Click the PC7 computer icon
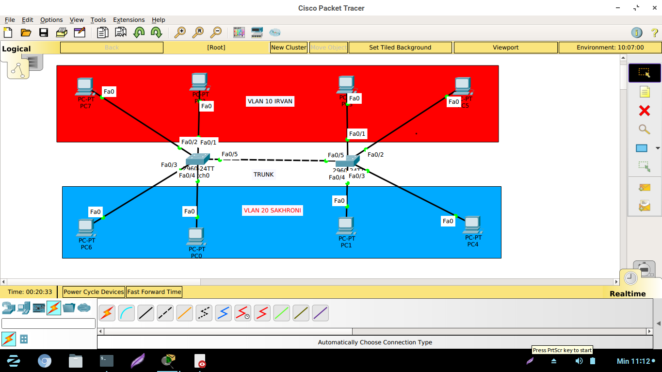tap(85, 87)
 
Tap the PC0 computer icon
tap(196, 236)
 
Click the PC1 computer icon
tap(346, 226)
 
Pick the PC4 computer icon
tap(472, 225)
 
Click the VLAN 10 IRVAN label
tap(270, 101)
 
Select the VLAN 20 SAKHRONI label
tap(273, 210)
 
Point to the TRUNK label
tap(263, 175)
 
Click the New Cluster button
tap(289, 48)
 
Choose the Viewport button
tap(505, 48)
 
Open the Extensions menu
tap(129, 20)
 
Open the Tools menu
tap(98, 20)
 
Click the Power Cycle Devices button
tap(94, 292)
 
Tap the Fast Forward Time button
tap(154, 292)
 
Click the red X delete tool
tap(644, 111)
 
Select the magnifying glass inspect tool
tap(644, 129)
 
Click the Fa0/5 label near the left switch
tap(229, 155)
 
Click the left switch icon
tap(197, 159)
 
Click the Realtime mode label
tap(628, 294)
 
